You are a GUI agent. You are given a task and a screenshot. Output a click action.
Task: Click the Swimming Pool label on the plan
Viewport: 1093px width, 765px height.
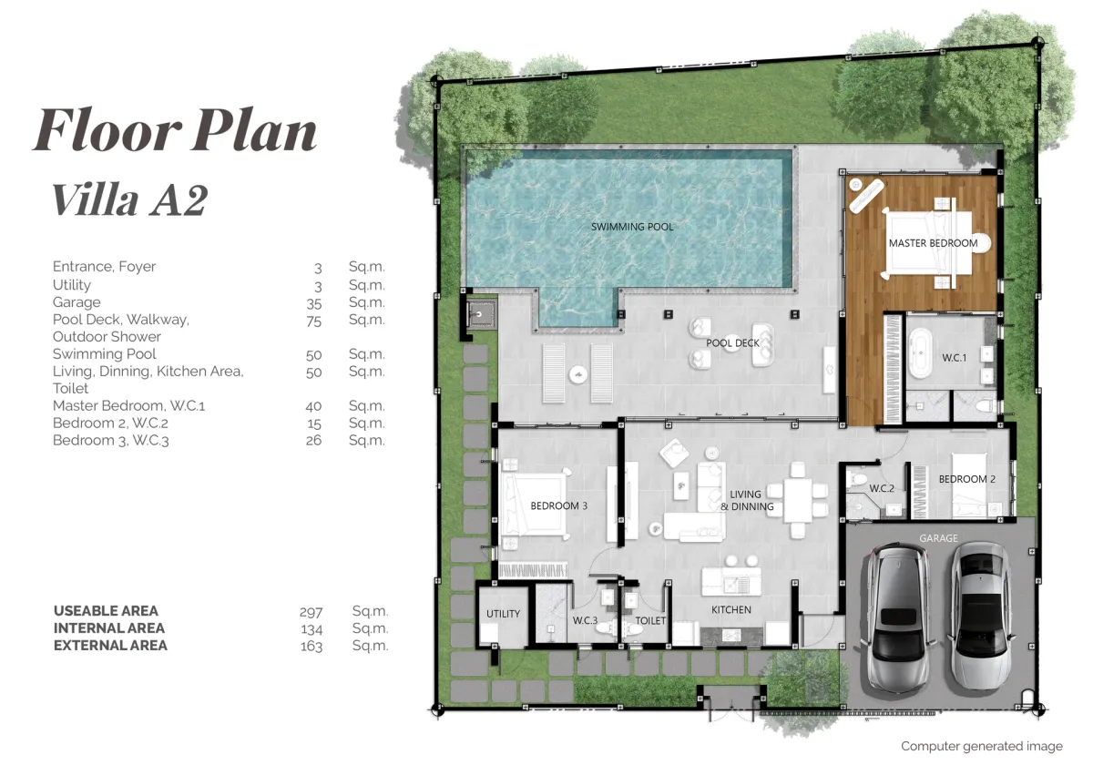point(632,227)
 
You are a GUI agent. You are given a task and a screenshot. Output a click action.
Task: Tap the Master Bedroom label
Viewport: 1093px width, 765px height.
point(933,243)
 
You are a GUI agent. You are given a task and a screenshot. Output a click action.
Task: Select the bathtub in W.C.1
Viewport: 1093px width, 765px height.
point(920,352)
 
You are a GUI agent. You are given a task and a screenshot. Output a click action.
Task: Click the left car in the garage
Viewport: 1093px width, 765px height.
point(898,618)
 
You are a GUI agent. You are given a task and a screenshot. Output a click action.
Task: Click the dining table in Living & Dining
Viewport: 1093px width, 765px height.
point(797,501)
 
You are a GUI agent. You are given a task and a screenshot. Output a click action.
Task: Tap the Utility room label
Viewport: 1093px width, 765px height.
point(503,614)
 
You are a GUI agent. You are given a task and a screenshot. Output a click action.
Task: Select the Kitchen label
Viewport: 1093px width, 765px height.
point(730,609)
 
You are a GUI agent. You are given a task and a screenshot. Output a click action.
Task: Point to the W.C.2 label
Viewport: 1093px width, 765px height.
point(882,488)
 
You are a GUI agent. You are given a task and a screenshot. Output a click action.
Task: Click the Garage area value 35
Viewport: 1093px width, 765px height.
point(313,303)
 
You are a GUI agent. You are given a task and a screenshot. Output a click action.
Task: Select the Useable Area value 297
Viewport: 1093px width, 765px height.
point(311,612)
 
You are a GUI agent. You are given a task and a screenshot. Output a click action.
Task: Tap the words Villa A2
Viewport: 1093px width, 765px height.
point(129,200)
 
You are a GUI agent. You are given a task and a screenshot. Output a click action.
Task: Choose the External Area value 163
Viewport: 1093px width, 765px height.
point(312,647)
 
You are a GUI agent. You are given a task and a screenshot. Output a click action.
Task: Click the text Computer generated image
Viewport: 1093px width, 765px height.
point(982,746)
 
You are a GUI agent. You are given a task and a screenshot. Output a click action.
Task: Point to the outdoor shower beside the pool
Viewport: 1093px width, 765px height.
point(479,314)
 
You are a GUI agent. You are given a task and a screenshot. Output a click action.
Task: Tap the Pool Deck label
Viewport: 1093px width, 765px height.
point(732,343)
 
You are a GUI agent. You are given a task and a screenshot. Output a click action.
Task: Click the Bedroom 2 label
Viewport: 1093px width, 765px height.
point(967,479)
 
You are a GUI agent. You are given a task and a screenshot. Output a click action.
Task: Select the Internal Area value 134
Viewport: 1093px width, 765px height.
point(312,629)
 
